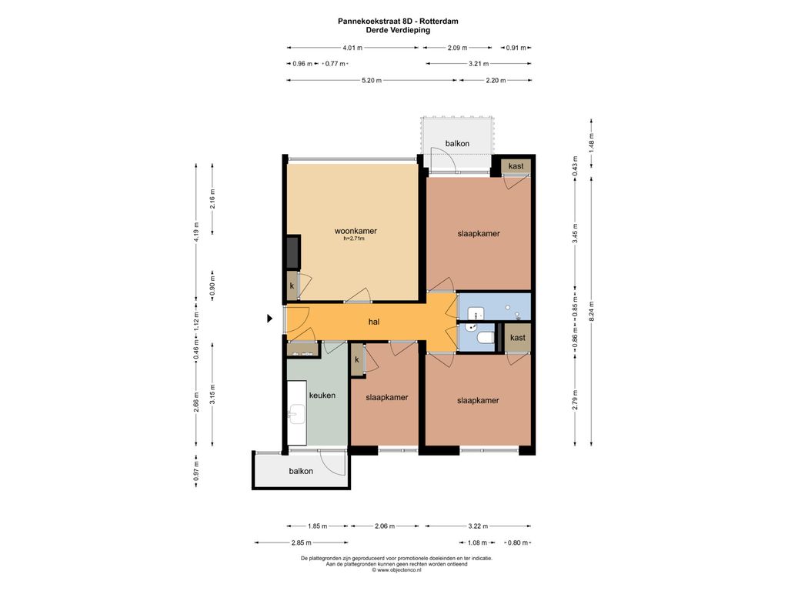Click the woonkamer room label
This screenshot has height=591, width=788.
356,231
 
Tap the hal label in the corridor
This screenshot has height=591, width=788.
373,322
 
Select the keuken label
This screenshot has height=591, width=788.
322,396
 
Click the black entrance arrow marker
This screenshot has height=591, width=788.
270,318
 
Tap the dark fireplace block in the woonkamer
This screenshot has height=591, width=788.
293,252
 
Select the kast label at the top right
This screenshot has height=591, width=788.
516,166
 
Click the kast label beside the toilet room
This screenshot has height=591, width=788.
518,338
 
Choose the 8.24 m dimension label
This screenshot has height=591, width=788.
592,311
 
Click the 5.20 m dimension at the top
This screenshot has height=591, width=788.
372,80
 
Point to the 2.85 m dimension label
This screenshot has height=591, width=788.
301,543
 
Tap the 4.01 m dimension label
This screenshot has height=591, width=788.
352,48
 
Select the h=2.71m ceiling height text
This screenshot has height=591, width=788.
354,239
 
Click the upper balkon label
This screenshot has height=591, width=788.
457,144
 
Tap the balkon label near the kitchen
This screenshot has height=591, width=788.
301,471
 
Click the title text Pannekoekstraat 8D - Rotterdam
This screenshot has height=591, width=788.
398,21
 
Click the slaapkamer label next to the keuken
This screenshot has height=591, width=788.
387,398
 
